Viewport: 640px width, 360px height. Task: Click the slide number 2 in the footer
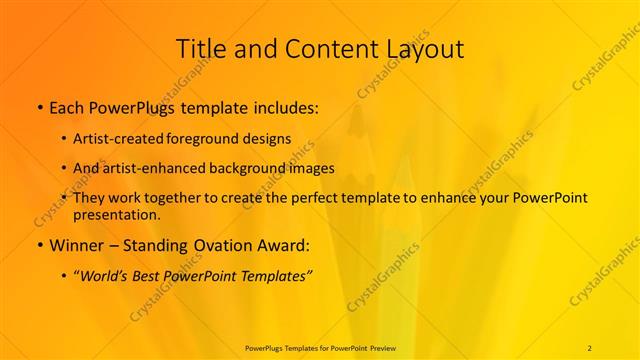[x=589, y=347]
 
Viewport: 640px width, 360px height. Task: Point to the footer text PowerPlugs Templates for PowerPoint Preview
[x=319, y=347]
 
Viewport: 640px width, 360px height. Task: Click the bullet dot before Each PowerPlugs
[x=38, y=105]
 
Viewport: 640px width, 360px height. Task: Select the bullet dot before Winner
[x=38, y=244]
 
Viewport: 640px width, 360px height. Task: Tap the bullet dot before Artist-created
[x=65, y=138]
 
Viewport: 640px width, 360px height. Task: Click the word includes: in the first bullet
[x=285, y=105]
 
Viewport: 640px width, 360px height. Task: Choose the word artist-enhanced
[x=145, y=168]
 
